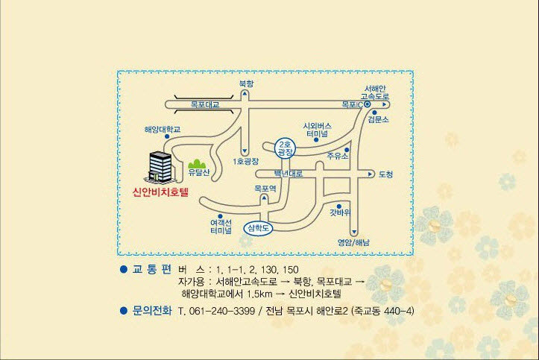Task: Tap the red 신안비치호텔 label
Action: (161, 192)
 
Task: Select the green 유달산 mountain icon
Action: (197, 163)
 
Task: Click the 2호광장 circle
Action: (286, 148)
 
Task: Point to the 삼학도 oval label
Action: (258, 228)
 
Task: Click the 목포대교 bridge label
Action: (205, 104)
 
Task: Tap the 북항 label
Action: (246, 83)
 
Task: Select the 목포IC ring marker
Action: (367, 104)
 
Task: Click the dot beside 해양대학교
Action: (167, 136)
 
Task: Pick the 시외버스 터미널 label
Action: (317, 130)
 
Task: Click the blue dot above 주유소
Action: (347, 150)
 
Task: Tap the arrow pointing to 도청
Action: (371, 174)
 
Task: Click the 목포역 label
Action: (265, 189)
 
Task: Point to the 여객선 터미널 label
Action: (221, 227)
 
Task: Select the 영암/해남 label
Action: (353, 242)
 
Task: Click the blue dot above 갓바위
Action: (339, 206)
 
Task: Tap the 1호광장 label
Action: (245, 162)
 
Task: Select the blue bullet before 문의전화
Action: (124, 311)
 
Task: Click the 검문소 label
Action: (378, 119)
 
